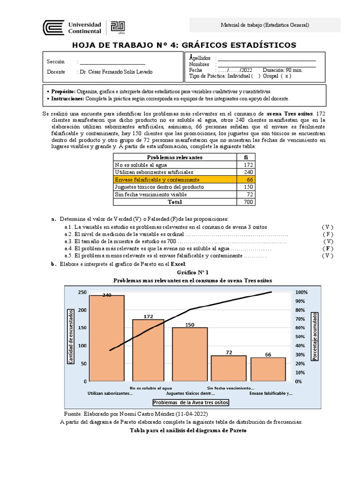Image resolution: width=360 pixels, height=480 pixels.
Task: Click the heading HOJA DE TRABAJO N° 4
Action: [x=184, y=45]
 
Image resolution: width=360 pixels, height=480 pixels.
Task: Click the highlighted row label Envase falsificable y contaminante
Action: [x=157, y=180]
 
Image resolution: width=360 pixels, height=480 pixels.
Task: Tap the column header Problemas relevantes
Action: [x=175, y=157]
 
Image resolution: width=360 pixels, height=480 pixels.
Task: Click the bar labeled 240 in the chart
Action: [x=107, y=338]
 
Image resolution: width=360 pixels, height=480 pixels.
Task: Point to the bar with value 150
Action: [x=189, y=354]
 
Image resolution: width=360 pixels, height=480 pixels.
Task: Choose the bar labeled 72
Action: [x=229, y=368]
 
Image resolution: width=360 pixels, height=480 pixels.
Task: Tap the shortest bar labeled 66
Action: [x=268, y=369]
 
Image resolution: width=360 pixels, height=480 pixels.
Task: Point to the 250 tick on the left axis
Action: [x=82, y=292]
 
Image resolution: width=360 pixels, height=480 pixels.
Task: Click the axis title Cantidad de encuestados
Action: [x=71, y=336]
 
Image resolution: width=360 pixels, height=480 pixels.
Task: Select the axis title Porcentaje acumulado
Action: [x=315, y=336]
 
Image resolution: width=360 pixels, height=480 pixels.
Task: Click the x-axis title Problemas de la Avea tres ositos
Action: [x=191, y=403]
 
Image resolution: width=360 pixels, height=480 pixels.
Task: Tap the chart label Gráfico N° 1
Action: [x=193, y=272]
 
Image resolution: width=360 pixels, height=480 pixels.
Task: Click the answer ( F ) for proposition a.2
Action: [x=328, y=234]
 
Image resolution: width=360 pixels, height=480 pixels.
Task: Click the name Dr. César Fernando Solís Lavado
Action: [x=116, y=72]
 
